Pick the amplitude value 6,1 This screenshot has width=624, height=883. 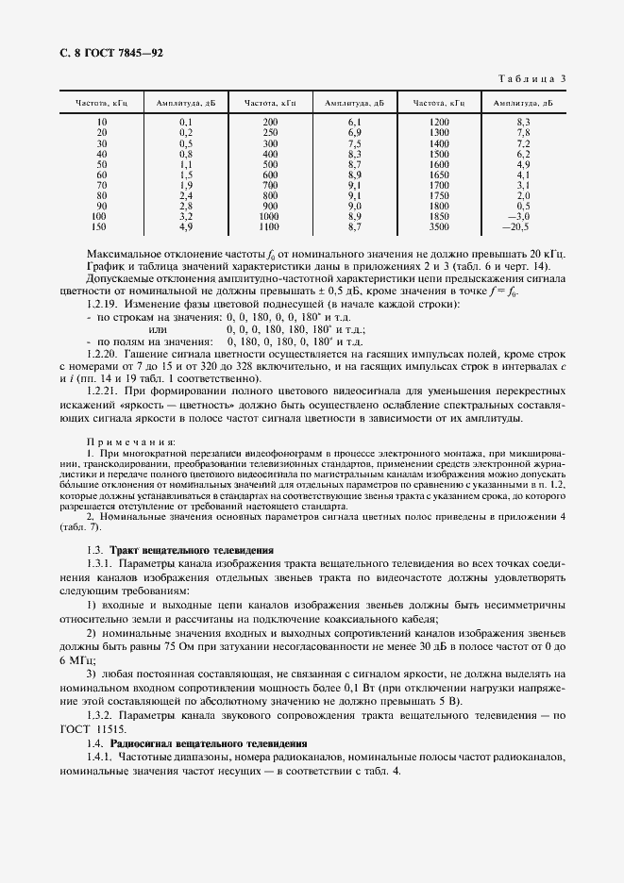355,123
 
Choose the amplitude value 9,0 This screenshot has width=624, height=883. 355,206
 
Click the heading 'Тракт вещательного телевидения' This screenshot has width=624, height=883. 192,549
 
